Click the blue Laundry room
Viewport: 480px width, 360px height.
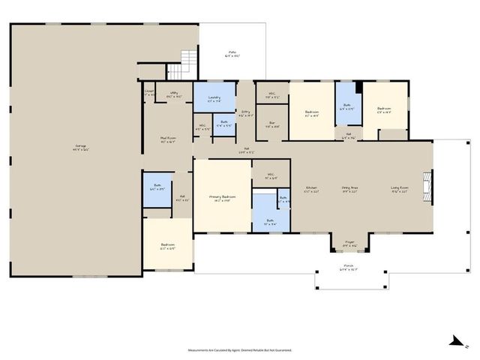pyautogui.click(x=214, y=98)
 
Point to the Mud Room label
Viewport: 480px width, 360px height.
pyautogui.click(x=167, y=139)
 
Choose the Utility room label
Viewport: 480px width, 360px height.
pyautogui.click(x=173, y=95)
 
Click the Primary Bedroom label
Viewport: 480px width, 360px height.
pyautogui.click(x=221, y=198)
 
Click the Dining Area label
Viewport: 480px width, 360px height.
pyautogui.click(x=349, y=189)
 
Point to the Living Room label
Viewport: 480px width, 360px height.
pyautogui.click(x=399, y=189)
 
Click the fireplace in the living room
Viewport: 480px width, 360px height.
pyautogui.click(x=427, y=184)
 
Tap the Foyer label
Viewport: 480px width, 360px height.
pyautogui.click(x=349, y=243)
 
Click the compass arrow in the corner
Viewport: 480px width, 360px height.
pyautogui.click(x=454, y=343)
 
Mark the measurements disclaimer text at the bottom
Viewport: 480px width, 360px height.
pyautogui.click(x=239, y=349)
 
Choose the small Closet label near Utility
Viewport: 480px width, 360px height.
pyautogui.click(x=149, y=92)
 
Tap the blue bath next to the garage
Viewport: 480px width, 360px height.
pyautogui.click(x=157, y=190)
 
